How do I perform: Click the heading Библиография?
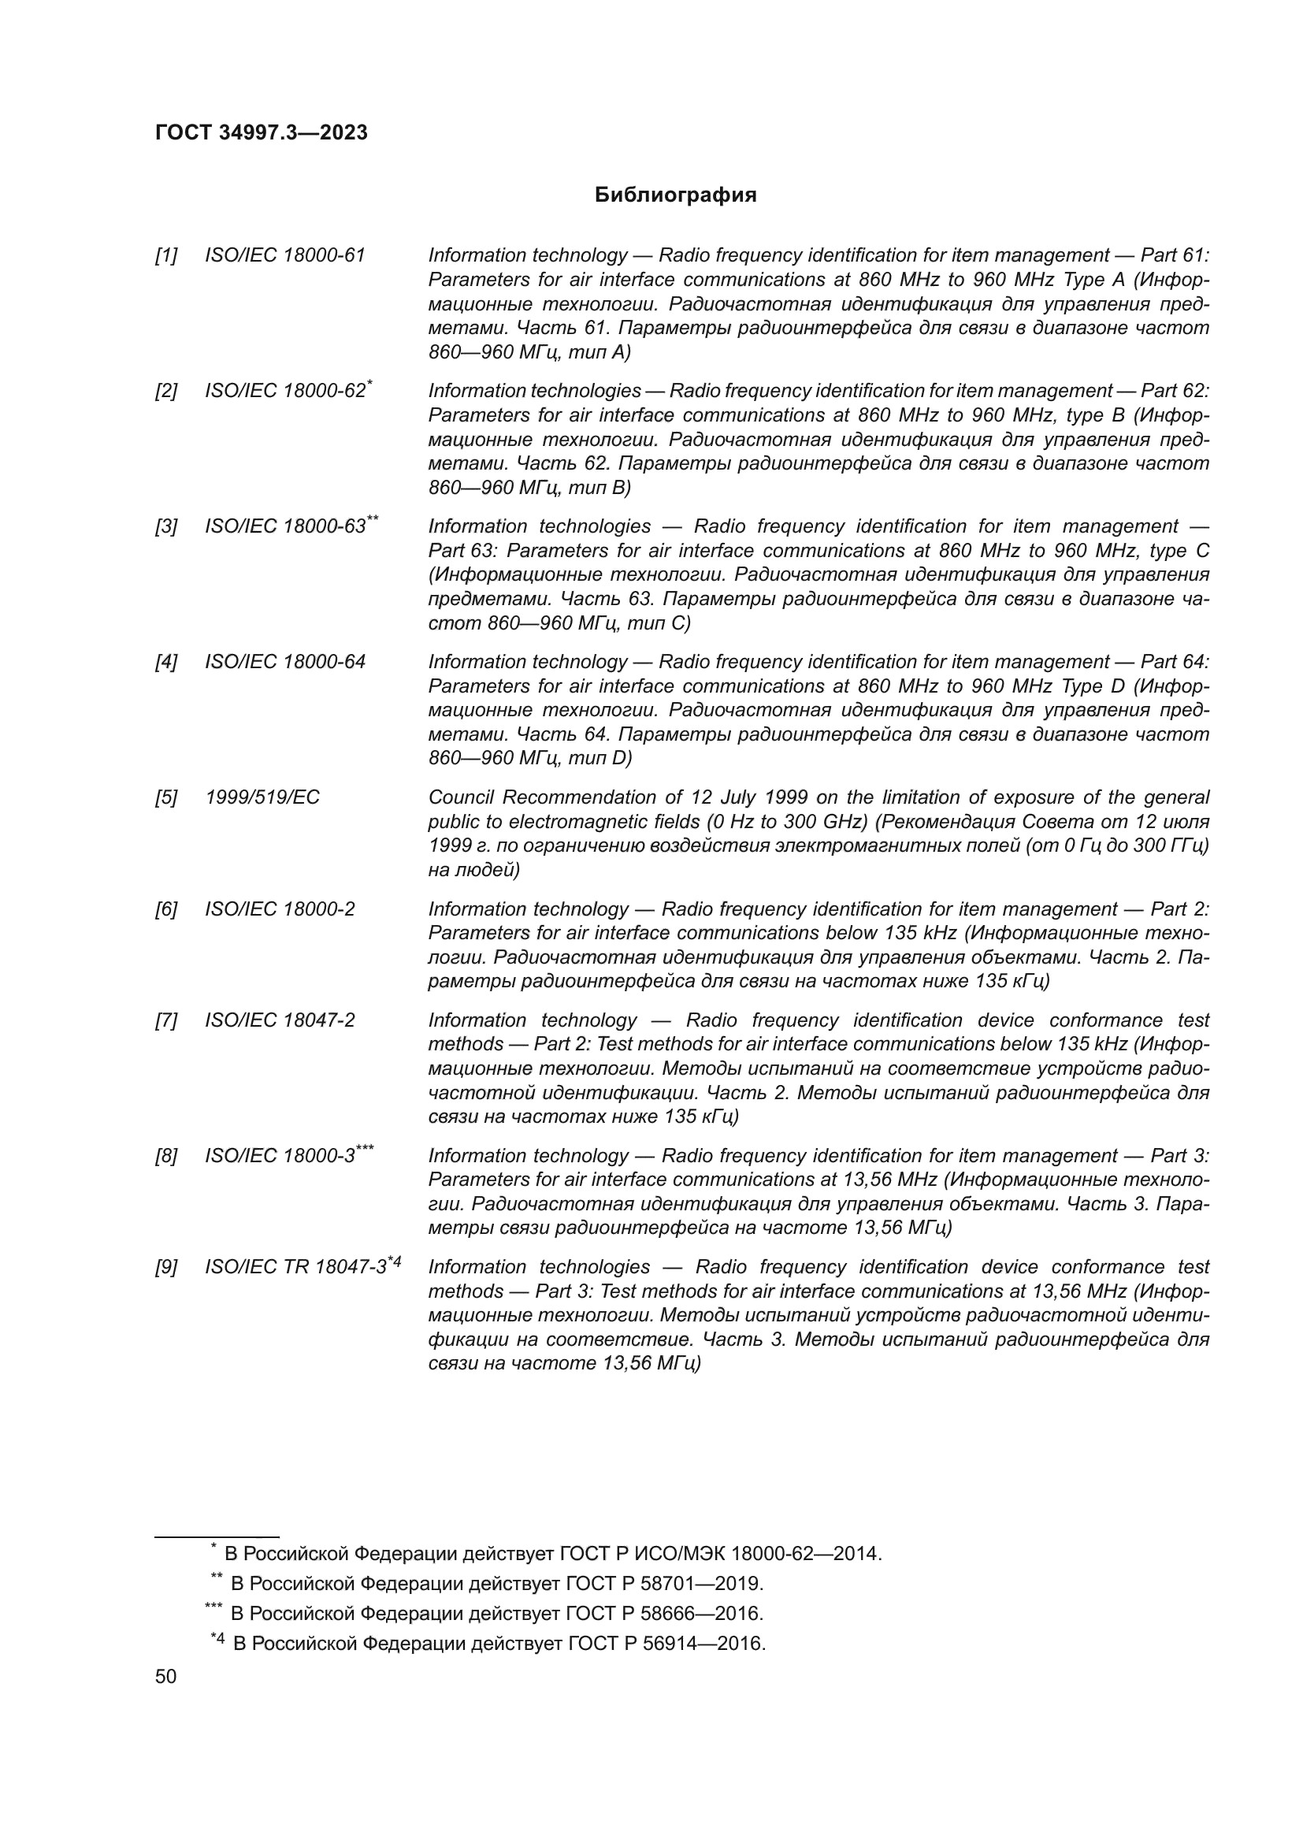tap(675, 195)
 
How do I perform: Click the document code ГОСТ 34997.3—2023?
tap(261, 132)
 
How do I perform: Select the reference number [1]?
tap(166, 255)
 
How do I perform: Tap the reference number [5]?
tap(166, 797)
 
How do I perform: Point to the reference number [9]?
tap(166, 1268)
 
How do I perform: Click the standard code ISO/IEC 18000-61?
tap(285, 255)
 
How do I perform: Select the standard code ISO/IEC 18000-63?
tap(285, 526)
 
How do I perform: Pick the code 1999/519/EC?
tap(262, 797)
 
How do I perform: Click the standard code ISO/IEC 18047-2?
tap(280, 1020)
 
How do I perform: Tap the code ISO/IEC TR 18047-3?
tap(296, 1268)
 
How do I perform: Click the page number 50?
tap(165, 1676)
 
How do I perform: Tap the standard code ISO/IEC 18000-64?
tap(285, 662)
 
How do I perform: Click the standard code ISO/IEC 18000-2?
tap(280, 909)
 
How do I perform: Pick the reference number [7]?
tap(166, 1020)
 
